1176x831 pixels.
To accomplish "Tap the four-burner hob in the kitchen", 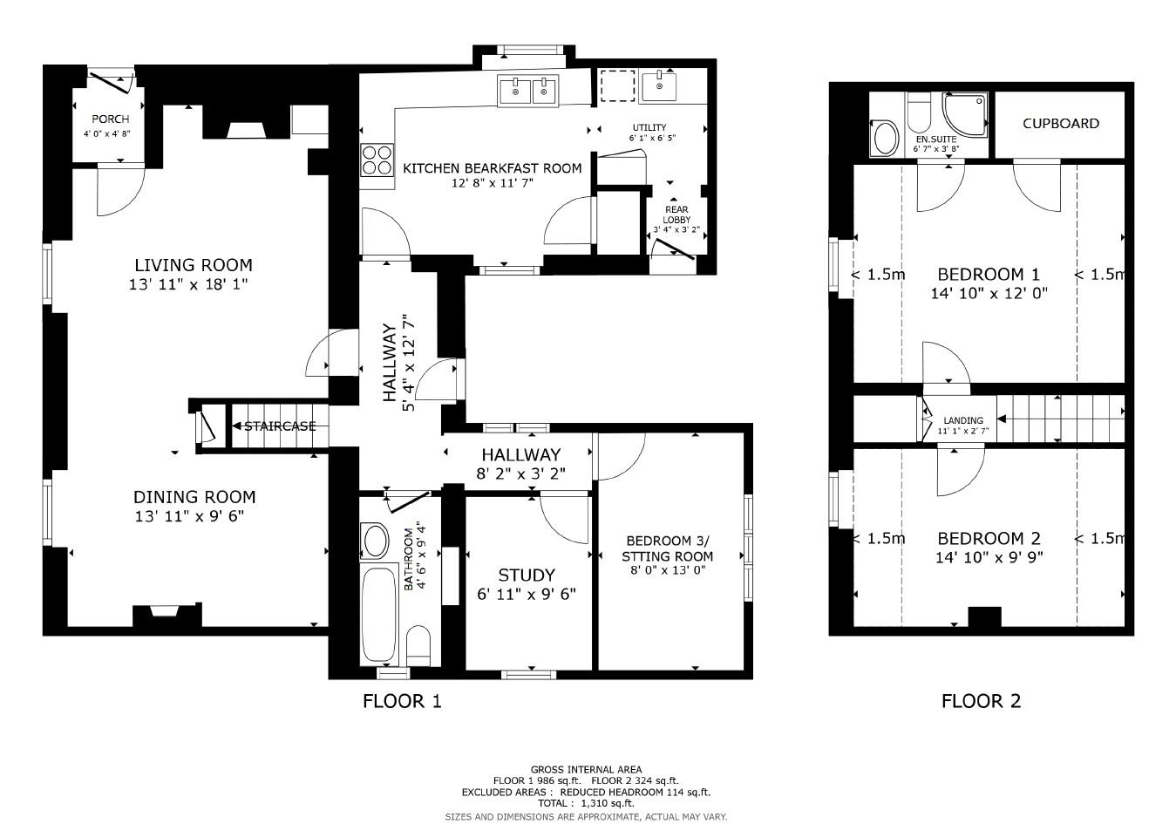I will [x=377, y=161].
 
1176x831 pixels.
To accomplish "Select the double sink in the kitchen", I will [x=528, y=91].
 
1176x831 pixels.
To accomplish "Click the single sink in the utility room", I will [x=657, y=87].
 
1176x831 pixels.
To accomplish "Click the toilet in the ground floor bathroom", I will [x=418, y=643].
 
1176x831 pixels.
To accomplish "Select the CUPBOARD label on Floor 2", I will [x=1060, y=124].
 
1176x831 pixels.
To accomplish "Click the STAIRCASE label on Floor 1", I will [x=279, y=426].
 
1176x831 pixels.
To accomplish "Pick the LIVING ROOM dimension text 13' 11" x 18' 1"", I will [x=194, y=284].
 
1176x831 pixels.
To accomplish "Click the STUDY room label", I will [x=526, y=576].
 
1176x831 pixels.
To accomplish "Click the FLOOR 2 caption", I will [x=981, y=701].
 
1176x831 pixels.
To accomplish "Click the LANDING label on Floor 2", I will [x=963, y=420].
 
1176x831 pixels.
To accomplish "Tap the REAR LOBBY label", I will [x=676, y=215].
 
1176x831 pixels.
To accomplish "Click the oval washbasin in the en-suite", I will [x=886, y=139].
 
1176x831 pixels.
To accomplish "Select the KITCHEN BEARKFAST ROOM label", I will [x=492, y=168].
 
